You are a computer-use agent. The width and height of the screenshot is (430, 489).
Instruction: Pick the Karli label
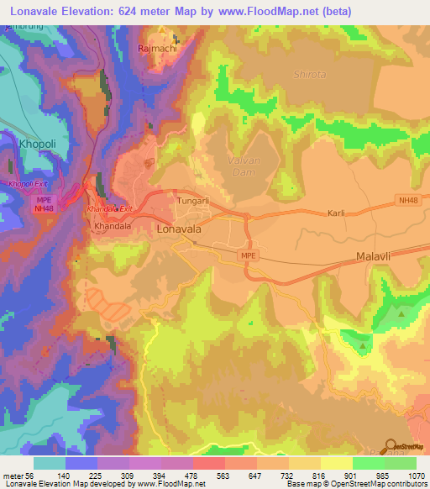[338, 213]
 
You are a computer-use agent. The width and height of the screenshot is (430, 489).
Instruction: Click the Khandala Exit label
[110, 208]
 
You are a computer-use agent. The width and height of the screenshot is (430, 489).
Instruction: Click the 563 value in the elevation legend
[223, 475]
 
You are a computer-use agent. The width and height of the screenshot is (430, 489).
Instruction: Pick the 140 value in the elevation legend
[64, 475]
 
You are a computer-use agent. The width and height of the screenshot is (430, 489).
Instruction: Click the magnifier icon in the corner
[391, 447]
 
